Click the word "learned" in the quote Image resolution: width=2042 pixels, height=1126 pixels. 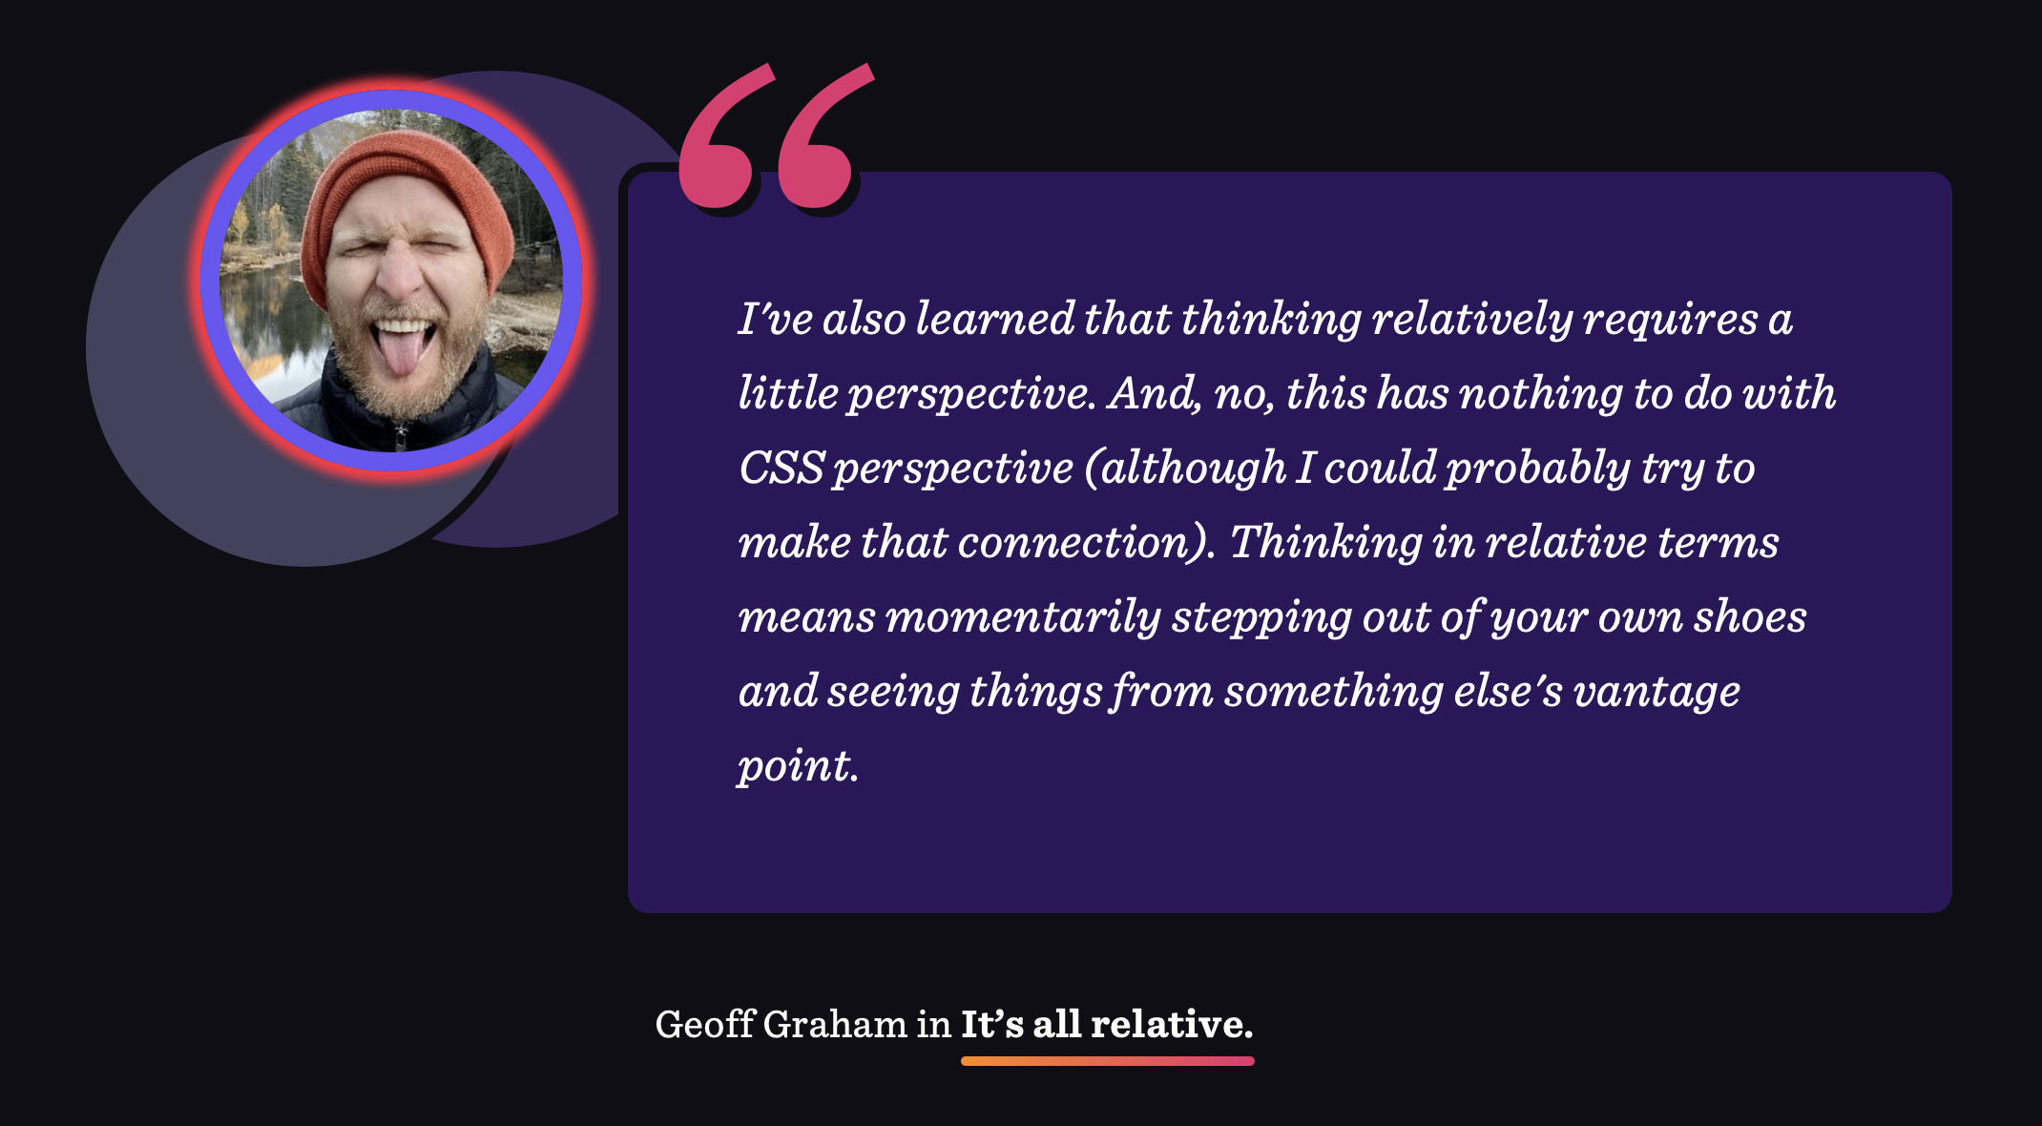click(995, 319)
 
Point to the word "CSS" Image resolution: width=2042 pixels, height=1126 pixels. click(781, 468)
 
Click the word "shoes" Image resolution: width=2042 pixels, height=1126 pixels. click(1750, 616)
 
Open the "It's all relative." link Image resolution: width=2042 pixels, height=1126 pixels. click(1107, 1024)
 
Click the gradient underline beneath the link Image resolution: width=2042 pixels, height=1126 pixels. click(1107, 1061)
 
